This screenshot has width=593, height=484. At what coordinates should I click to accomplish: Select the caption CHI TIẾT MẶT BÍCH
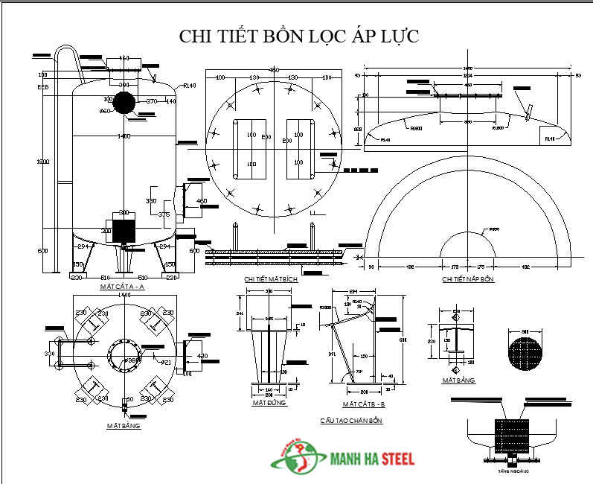267,279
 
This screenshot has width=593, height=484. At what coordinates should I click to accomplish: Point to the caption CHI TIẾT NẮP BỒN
468,279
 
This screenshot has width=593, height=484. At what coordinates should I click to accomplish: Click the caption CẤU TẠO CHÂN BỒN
351,421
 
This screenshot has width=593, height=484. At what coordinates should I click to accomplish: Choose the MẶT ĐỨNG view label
269,403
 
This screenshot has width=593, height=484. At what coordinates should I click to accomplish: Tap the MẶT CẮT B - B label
364,404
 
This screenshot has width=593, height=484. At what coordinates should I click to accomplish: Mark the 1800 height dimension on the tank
42,162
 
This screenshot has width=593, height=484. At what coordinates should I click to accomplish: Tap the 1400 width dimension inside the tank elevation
124,136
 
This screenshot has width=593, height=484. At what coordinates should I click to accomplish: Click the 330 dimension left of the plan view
50,353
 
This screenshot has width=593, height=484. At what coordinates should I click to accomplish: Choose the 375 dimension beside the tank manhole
164,214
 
